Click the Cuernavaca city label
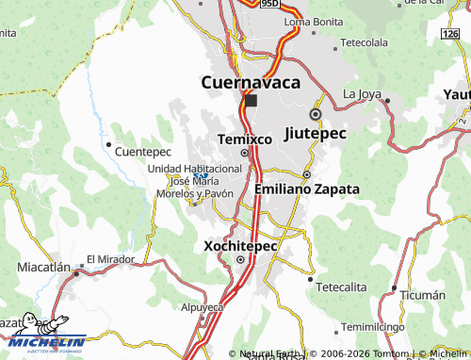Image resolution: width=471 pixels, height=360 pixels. coord(252,82)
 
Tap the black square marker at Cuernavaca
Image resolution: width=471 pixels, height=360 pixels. coord(251,100)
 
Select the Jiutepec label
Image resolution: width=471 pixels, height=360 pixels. coord(315,133)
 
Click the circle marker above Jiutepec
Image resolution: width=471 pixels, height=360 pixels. coord(315,114)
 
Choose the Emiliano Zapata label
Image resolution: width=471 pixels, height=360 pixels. coord(307,188)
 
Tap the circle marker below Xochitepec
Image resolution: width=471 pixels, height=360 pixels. coord(240,260)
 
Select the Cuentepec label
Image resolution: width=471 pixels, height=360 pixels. coord(142,151)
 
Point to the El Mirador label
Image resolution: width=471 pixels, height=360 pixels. coord(106,259)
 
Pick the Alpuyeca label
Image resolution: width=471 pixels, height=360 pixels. coord(203,307)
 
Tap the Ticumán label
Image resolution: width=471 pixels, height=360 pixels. coord(422,295)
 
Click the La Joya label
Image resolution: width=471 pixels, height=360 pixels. coord(362,93)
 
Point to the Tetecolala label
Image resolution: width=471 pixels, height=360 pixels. coord(364,43)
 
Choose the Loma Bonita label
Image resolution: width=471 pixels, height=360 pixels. coord(312,21)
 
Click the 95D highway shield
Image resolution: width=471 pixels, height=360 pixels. coord(270,4)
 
